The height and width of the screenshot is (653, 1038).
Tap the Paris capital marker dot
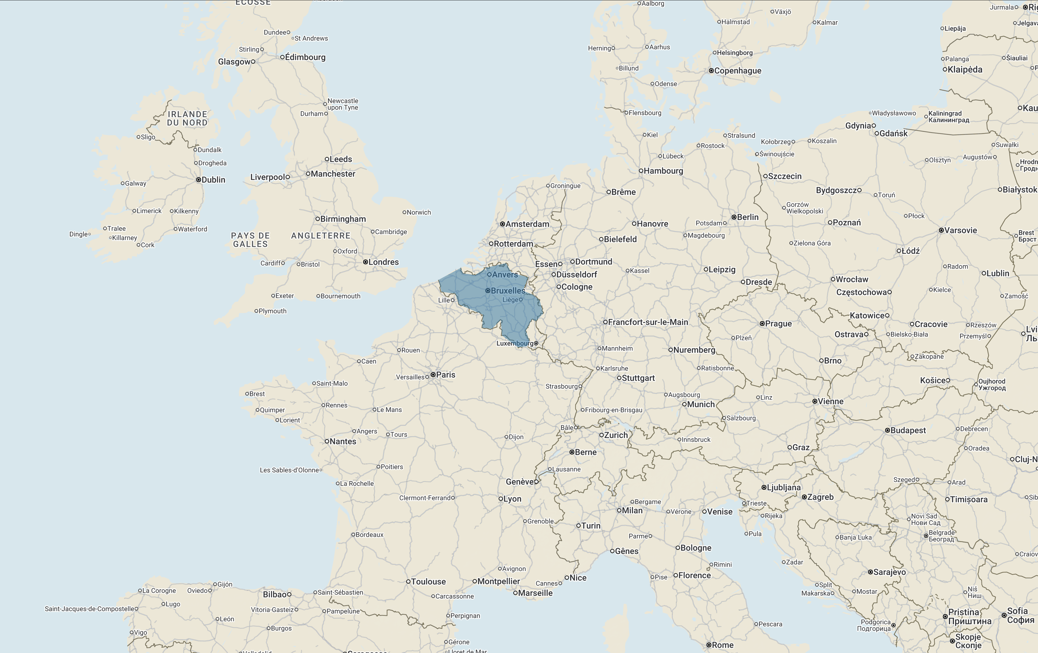(x=433, y=374)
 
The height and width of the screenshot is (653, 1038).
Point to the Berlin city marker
(x=734, y=217)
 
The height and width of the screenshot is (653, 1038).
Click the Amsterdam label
(x=527, y=224)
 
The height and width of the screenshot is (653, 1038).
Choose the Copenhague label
(x=738, y=71)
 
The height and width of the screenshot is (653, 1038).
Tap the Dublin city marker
(x=198, y=180)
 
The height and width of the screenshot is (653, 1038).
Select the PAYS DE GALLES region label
(x=250, y=239)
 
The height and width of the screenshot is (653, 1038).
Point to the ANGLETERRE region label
(x=321, y=236)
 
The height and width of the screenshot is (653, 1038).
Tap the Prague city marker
(x=762, y=324)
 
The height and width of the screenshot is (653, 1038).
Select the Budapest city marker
(x=887, y=430)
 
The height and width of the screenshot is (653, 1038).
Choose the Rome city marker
(x=709, y=645)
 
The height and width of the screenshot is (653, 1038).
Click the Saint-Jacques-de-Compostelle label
(x=90, y=609)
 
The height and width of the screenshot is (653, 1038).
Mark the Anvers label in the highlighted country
(x=505, y=274)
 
